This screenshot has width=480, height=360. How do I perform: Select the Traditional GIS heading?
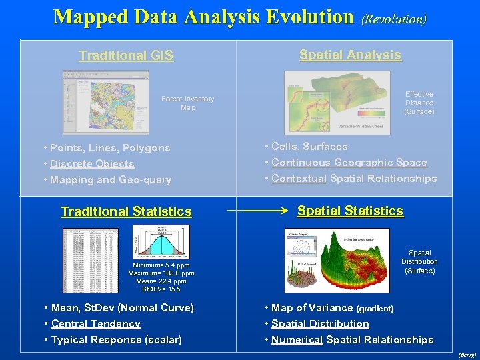126,56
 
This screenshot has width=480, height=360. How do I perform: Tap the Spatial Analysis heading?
350,55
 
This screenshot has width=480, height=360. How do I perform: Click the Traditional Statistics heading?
126,212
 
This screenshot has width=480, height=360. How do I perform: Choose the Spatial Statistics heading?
350,211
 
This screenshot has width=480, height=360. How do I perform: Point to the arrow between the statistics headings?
260,211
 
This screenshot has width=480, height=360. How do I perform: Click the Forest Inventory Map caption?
188,103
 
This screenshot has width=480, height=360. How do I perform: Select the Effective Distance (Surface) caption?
419,103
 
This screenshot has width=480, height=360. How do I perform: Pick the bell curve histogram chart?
161,243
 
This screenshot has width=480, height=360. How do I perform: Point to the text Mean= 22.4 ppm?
161,281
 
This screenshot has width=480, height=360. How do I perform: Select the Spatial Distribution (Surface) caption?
419,262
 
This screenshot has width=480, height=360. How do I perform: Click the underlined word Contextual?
299,179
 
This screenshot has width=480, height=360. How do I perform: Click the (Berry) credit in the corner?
468,355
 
